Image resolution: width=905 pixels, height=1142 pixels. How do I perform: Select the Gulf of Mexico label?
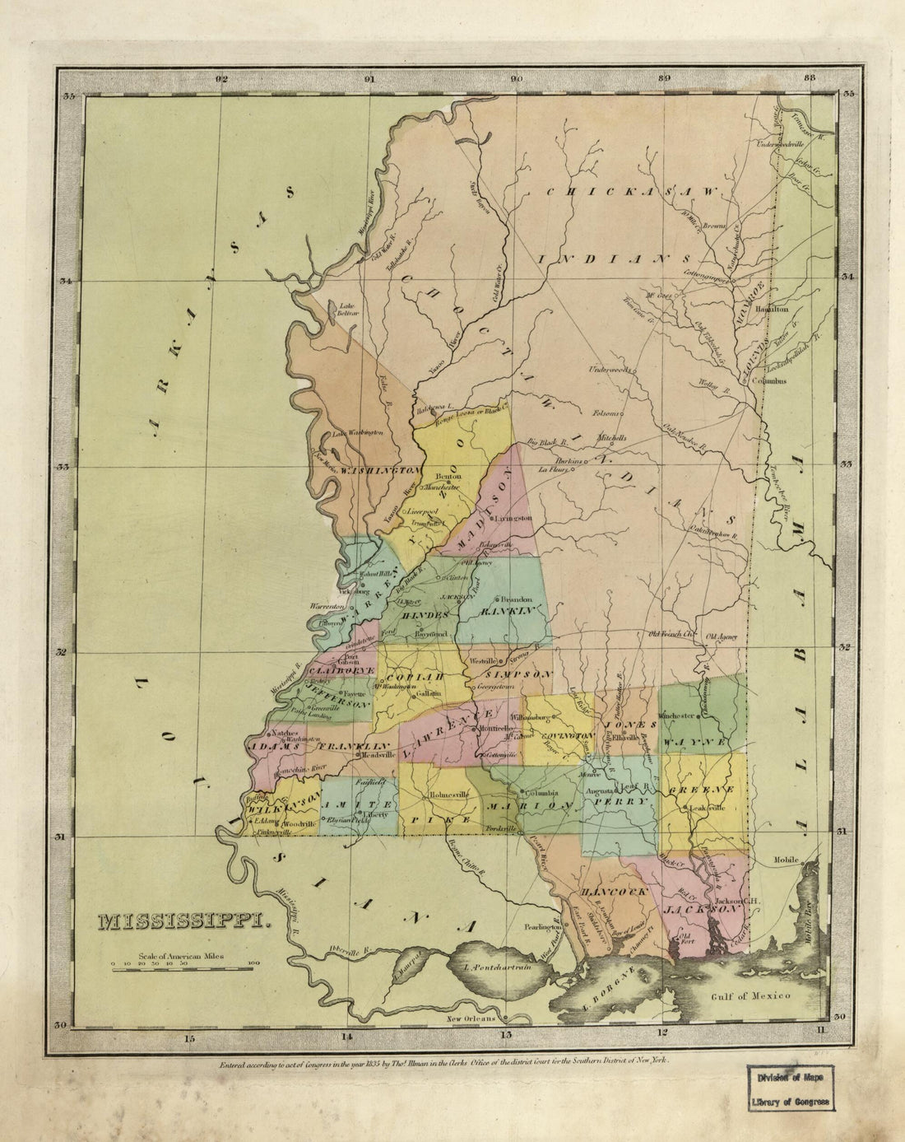(751, 995)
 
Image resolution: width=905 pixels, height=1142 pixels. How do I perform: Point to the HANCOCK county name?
(604, 893)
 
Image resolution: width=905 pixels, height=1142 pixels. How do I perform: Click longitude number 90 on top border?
(516, 80)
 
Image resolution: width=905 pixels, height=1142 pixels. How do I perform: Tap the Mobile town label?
(786, 860)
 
